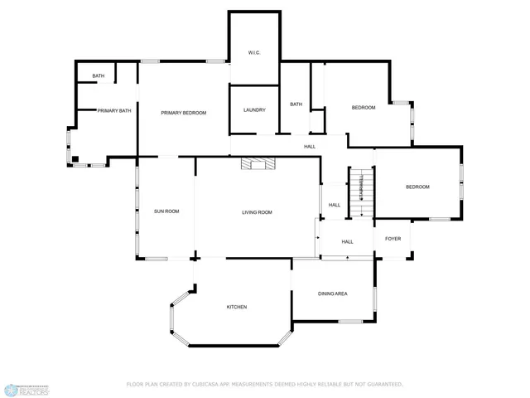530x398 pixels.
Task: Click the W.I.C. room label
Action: (254, 53)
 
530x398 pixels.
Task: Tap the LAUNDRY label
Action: (254, 110)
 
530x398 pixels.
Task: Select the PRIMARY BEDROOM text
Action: (183, 113)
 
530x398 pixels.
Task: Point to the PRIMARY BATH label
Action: (114, 110)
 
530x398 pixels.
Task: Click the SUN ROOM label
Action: (166, 211)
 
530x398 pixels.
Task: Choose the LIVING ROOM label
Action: (257, 212)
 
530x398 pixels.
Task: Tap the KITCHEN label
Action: (237, 307)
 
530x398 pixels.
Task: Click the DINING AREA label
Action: (332, 294)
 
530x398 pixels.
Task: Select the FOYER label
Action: (393, 239)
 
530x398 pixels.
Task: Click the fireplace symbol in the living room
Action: (258, 163)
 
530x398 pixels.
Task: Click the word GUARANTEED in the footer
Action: (383, 384)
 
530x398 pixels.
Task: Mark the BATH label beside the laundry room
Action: (296, 104)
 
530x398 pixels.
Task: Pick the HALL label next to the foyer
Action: (347, 242)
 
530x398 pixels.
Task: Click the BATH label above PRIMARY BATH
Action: (99, 76)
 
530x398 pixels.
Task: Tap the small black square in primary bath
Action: (75, 158)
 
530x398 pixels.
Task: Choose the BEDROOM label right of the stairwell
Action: (417, 187)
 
